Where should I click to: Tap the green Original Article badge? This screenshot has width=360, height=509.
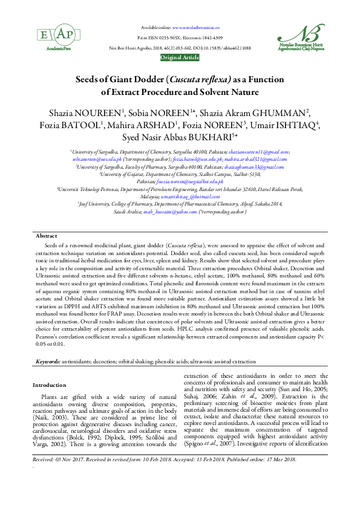click(180, 57)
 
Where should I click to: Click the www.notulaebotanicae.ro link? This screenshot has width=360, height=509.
click(195, 28)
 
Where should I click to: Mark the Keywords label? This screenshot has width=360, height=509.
click(47, 361)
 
